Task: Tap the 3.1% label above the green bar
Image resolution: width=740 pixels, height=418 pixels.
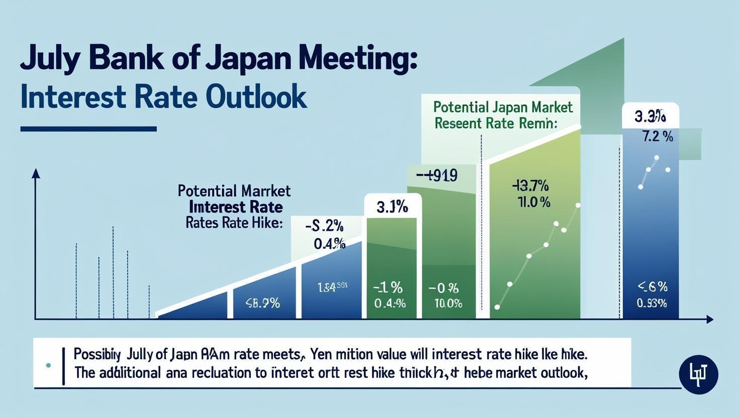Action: [392, 206]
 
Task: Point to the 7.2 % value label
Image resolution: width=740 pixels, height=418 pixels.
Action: [658, 137]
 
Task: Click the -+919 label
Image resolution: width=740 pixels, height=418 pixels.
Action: [437, 176]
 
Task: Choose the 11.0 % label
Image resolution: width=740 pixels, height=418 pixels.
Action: [533, 202]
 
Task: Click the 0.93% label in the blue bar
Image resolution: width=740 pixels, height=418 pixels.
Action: [652, 303]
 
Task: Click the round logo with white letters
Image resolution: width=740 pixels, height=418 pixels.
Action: [698, 374]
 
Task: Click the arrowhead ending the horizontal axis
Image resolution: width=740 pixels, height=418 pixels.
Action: [709, 319]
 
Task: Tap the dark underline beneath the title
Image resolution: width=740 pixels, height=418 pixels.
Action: [88, 129]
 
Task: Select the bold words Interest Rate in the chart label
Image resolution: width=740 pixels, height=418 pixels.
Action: [236, 206]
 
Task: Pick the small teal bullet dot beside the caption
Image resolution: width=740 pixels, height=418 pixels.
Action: [48, 366]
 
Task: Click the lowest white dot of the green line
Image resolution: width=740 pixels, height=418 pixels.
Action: [497, 306]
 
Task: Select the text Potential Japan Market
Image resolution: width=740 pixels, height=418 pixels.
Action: [503, 107]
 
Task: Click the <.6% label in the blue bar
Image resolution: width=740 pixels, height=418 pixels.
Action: [652, 287]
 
